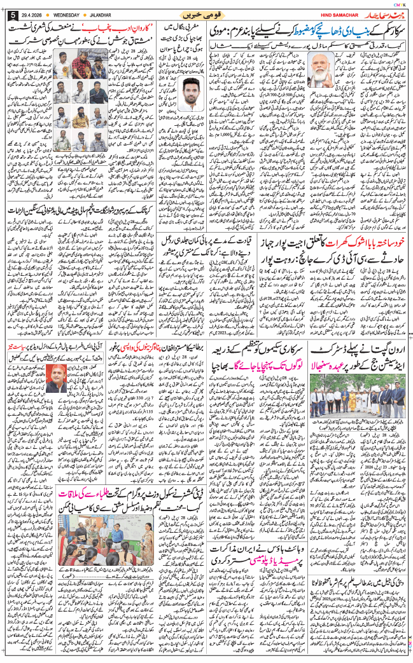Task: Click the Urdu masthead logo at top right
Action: [382, 13]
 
